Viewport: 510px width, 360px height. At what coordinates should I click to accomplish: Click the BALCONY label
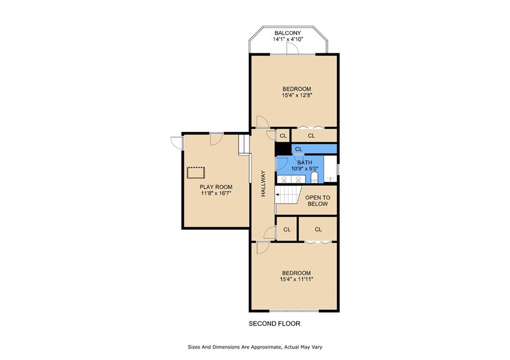tap(287, 33)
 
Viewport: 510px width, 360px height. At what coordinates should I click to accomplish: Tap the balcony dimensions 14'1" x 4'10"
tap(288, 39)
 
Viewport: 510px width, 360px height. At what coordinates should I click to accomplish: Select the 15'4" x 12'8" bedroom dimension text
tap(297, 95)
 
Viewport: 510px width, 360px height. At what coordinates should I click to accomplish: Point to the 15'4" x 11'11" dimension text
tap(296, 279)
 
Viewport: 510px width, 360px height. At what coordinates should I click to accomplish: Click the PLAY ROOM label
tap(216, 187)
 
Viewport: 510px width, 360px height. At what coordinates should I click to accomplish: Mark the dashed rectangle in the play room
tap(196, 172)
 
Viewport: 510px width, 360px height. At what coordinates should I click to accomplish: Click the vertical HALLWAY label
tap(263, 183)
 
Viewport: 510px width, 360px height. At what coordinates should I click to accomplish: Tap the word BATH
tap(305, 162)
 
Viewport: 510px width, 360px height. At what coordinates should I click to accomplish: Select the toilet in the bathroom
tap(314, 178)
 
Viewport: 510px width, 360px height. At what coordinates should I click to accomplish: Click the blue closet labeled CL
tap(314, 149)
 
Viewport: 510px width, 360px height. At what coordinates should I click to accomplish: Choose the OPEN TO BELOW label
tap(317, 201)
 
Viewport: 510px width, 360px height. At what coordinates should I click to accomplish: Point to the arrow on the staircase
tap(277, 195)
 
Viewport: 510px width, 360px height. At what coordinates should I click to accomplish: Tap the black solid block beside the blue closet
tap(283, 149)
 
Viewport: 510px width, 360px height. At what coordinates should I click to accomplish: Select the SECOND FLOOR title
tap(274, 324)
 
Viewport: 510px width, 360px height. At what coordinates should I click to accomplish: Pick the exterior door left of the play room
tap(177, 143)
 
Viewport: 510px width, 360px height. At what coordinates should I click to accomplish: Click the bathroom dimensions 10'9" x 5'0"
tap(305, 169)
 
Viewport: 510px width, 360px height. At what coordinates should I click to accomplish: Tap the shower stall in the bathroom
tap(331, 169)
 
